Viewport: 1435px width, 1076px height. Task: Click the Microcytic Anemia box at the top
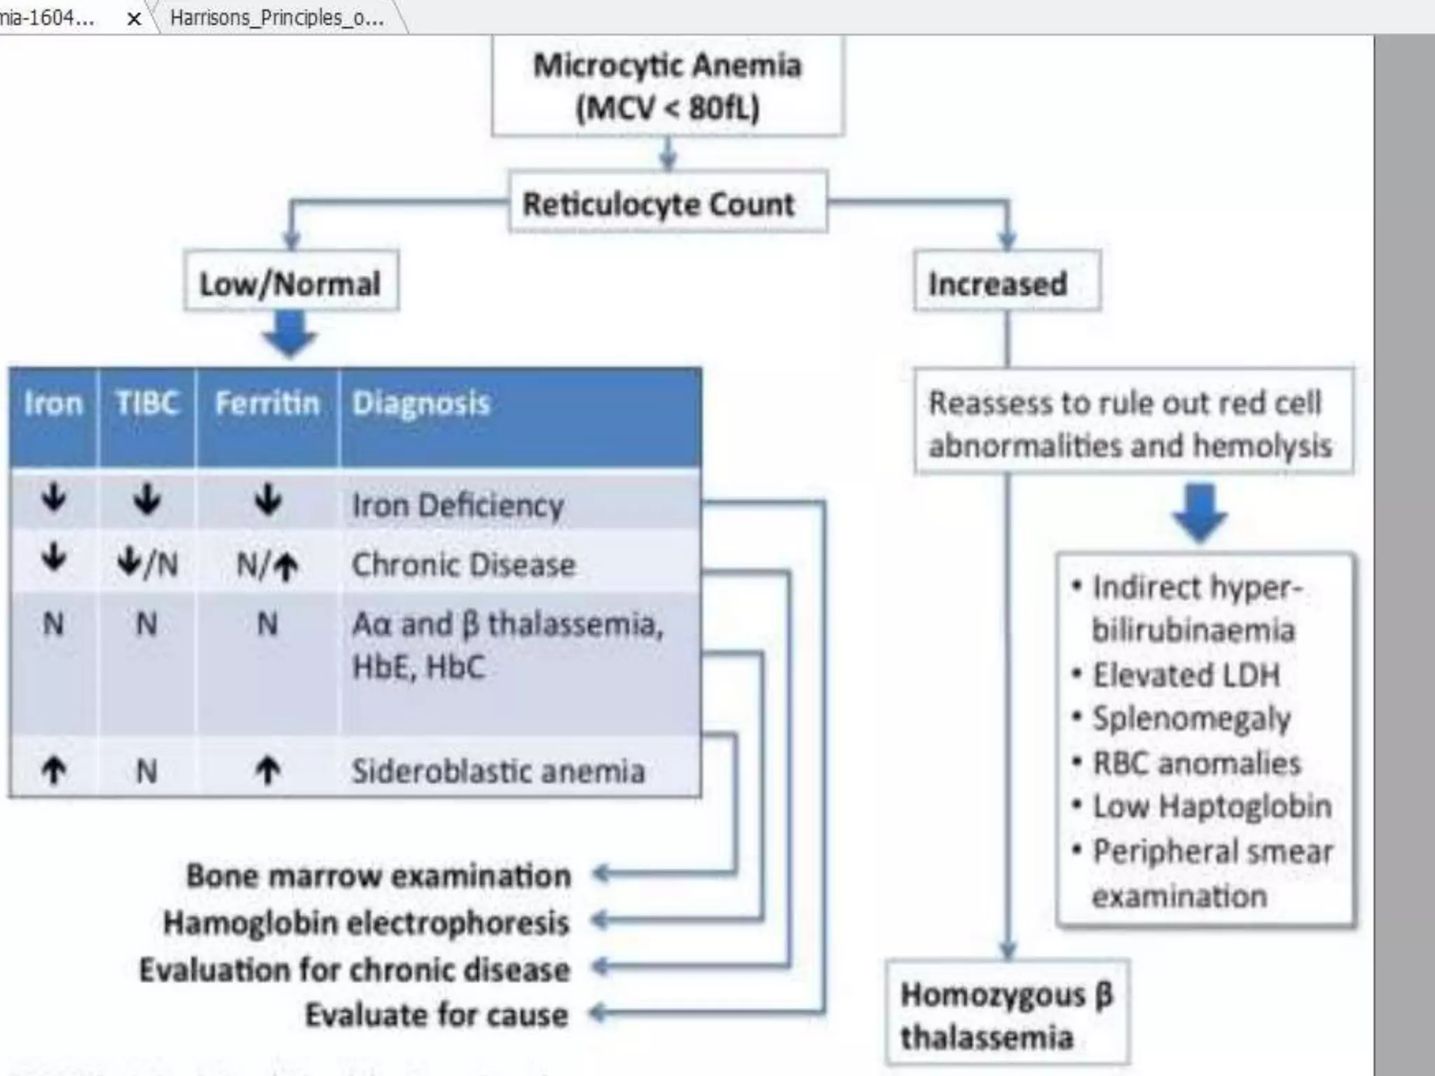(x=667, y=85)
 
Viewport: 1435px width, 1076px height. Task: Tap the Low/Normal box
(x=291, y=282)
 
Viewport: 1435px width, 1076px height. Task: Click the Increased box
(x=1006, y=282)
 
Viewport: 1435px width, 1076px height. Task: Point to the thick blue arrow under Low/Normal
(x=289, y=334)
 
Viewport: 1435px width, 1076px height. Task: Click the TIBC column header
(x=146, y=403)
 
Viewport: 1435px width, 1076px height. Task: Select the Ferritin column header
(x=267, y=403)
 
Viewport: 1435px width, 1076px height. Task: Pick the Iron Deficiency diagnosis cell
(x=458, y=504)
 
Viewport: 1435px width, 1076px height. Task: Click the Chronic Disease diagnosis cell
(x=463, y=564)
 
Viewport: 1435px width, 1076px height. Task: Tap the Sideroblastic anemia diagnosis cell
(x=497, y=771)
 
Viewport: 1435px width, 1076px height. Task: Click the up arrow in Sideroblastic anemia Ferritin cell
(x=267, y=771)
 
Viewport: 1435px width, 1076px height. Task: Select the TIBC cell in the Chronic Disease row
(x=146, y=563)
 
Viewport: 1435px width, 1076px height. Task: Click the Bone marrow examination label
(x=378, y=876)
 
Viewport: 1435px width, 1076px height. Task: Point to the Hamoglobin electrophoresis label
(x=366, y=922)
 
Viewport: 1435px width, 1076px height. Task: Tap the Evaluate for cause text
(x=436, y=1014)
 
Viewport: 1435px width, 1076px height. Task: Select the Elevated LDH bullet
(x=1186, y=675)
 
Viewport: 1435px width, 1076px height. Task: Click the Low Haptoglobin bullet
(x=1211, y=806)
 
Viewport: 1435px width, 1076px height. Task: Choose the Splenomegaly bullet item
(x=1191, y=719)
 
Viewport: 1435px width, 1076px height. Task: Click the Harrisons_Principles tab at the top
(x=277, y=18)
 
